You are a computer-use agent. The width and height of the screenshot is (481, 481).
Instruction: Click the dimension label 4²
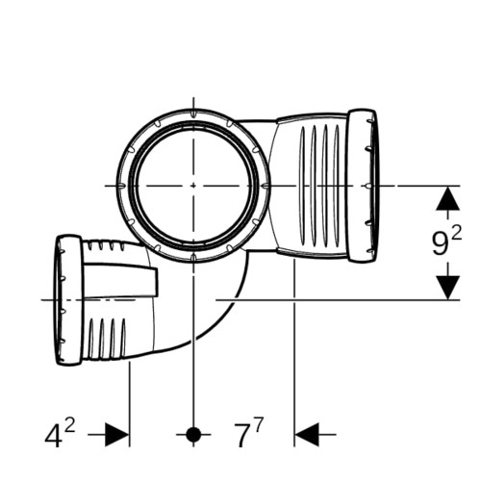[60, 434]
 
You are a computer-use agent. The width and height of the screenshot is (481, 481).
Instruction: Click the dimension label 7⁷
[248, 434]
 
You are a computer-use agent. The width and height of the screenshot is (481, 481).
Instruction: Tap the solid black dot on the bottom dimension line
[193, 435]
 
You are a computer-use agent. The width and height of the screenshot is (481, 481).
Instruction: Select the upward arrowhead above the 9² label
[448, 198]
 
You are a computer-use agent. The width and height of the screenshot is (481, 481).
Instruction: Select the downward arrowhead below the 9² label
[448, 288]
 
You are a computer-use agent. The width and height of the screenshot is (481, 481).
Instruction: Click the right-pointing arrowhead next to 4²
[117, 435]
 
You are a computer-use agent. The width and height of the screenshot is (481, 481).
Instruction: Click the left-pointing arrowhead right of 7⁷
[307, 435]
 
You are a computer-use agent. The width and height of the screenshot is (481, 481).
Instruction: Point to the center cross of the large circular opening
[193, 186]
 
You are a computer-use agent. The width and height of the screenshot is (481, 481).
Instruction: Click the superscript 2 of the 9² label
[456, 233]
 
